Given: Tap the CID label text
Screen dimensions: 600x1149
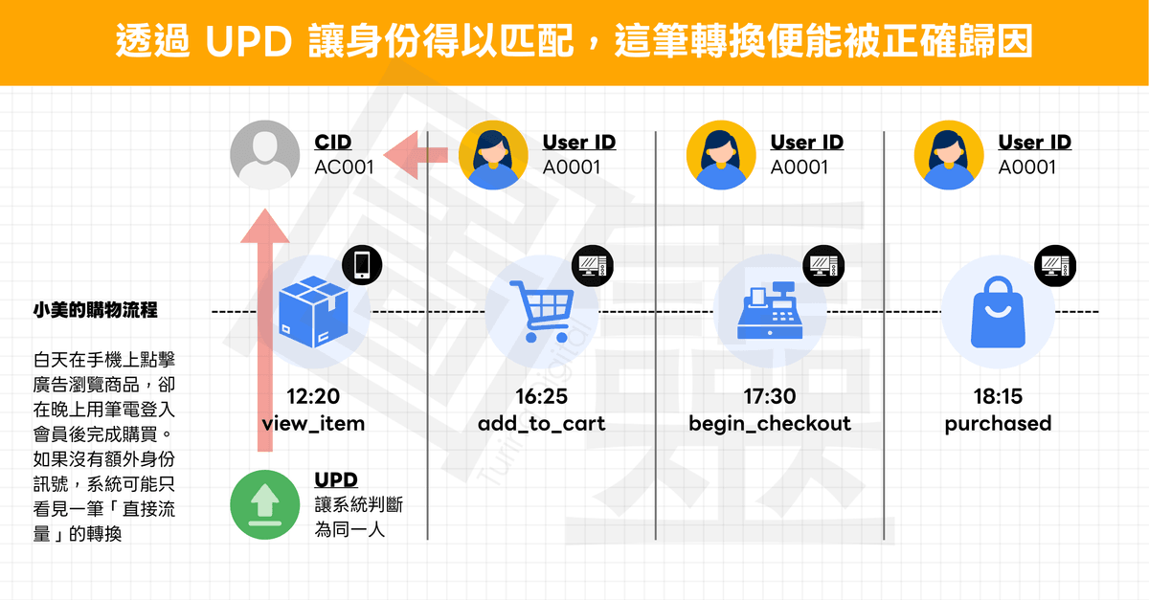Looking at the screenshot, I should [x=332, y=143].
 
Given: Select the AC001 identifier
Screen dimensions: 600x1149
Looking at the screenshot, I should [x=344, y=167].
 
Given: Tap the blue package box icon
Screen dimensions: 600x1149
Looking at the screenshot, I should [x=311, y=312].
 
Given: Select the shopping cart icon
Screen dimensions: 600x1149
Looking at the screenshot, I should [x=542, y=312].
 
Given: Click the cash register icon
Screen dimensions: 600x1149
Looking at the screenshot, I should [x=771, y=312].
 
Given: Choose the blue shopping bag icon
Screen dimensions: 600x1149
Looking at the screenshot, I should [x=998, y=312].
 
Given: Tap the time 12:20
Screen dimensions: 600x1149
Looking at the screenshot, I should [x=312, y=396].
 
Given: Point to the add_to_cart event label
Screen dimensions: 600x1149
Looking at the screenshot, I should [x=541, y=423].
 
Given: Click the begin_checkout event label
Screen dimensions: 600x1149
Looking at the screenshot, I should [x=770, y=423].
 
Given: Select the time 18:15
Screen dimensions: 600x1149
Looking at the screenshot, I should [x=998, y=396].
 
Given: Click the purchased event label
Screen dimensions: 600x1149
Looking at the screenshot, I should [x=998, y=423].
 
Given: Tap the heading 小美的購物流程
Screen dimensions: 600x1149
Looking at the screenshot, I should [x=95, y=310].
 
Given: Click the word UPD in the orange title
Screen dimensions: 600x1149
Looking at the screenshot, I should [x=251, y=42].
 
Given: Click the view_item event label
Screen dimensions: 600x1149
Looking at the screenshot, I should [x=312, y=423].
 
